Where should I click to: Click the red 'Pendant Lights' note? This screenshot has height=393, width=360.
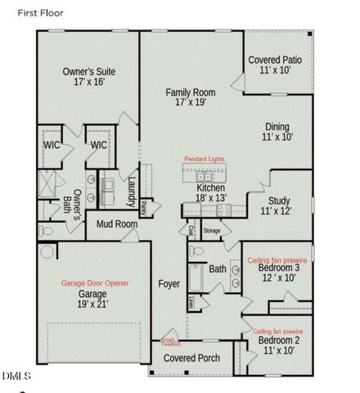(x=205, y=157)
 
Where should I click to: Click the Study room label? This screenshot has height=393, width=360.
(x=277, y=205)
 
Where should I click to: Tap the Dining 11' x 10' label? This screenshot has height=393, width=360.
(x=277, y=133)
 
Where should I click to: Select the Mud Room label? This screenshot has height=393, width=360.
(x=116, y=224)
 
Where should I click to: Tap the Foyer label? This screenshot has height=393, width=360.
(x=169, y=283)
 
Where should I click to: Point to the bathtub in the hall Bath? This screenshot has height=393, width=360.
(x=196, y=280)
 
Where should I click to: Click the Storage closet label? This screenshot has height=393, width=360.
(x=213, y=231)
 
